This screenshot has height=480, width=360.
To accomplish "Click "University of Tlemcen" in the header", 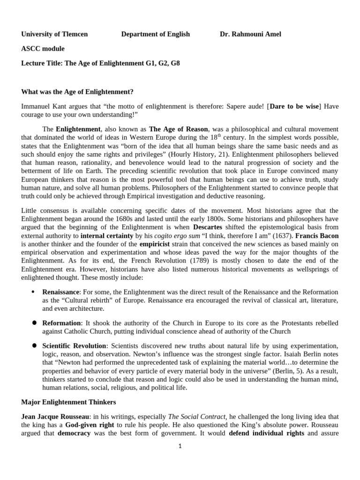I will (54, 34).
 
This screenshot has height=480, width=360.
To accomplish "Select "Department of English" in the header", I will (155, 34).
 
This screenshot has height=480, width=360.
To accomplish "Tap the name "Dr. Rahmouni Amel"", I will (250, 34).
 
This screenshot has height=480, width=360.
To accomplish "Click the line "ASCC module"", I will (43, 48).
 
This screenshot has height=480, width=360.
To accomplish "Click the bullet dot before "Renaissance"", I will (33, 292).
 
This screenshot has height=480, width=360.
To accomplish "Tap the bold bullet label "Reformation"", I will (61, 323).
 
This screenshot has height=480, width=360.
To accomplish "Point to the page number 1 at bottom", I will (180, 446).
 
